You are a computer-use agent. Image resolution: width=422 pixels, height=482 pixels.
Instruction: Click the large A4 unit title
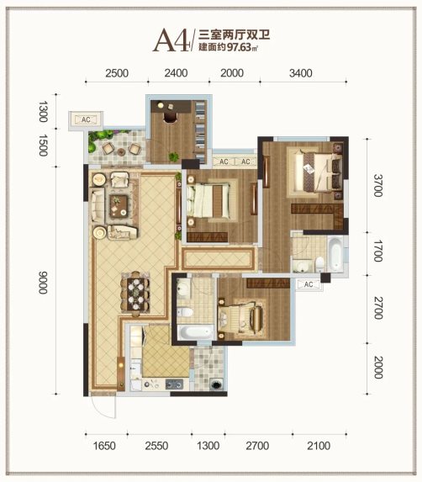pyautogui.click(x=171, y=41)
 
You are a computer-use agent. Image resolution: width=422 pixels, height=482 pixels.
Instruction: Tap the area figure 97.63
pyautogui.click(x=240, y=47)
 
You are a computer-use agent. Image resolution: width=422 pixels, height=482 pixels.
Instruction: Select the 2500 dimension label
pyautogui.click(x=117, y=73)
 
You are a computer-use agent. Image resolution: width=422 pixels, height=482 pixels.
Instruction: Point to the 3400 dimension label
pyautogui.click(x=301, y=73)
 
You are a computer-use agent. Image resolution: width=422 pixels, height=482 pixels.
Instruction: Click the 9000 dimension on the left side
pyautogui.click(x=43, y=283)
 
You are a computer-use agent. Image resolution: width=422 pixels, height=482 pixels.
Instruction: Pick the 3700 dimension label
pyautogui.click(x=378, y=185)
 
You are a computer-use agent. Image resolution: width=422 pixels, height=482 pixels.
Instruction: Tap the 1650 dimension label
pyautogui.click(x=104, y=446)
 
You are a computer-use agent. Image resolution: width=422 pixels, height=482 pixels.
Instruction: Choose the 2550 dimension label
pyautogui.click(x=156, y=446)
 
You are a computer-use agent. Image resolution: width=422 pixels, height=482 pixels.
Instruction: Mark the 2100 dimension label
pyautogui.click(x=319, y=446)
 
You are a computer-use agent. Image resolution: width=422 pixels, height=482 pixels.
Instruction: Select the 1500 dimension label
pyautogui.click(x=43, y=146)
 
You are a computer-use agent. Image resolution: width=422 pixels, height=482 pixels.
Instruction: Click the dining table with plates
pyautogui.click(x=135, y=294)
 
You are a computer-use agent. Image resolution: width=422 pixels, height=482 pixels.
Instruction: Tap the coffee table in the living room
pyautogui.click(x=119, y=206)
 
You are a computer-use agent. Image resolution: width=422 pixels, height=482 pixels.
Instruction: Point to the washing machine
pyautogui.click(x=216, y=384)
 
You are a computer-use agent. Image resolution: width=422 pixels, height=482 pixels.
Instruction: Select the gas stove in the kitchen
pyautogui.click(x=175, y=384)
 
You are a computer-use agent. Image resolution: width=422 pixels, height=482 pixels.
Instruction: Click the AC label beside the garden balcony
pyautogui.click(x=86, y=119)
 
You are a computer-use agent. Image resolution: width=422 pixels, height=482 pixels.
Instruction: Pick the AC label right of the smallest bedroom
pyautogui.click(x=309, y=284)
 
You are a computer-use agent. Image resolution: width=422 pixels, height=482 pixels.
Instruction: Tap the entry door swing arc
pyautogui.click(x=103, y=411)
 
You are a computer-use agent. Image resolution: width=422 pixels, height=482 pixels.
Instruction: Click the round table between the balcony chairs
pyautogui.click(x=122, y=151)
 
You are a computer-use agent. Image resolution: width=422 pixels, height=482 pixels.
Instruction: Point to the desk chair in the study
pyautogui.click(x=170, y=117)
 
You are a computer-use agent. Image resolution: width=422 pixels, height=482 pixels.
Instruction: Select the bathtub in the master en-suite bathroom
pyautogui.click(x=335, y=254)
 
